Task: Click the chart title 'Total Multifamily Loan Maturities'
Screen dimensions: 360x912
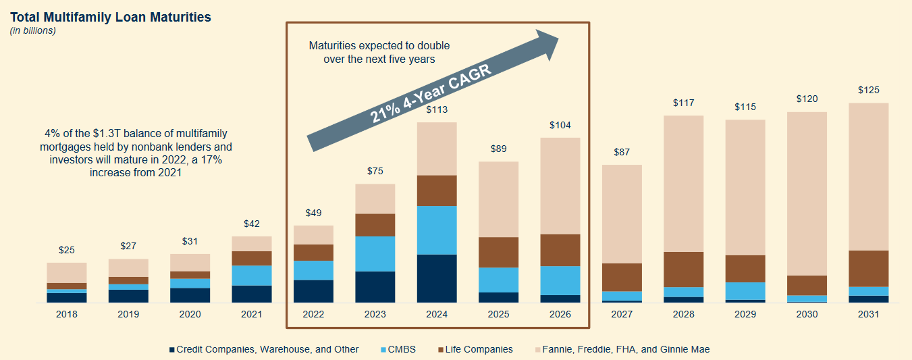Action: click(110, 17)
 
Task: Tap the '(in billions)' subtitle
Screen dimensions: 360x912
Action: click(32, 30)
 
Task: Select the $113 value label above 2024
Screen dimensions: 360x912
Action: click(437, 109)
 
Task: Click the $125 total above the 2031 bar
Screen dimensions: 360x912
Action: click(868, 90)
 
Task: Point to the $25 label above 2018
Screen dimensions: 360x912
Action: click(66, 250)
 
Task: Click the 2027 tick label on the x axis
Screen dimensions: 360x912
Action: click(622, 315)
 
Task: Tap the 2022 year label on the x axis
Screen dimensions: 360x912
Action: click(313, 315)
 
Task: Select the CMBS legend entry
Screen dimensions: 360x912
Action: click(402, 349)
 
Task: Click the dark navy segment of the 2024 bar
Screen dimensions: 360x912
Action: click(437, 278)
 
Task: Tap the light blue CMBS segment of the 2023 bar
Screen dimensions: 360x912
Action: click(375, 254)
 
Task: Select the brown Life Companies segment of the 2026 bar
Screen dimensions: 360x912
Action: click(560, 250)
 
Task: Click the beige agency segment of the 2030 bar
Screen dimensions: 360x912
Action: click(807, 193)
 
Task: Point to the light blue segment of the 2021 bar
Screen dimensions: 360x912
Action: click(252, 276)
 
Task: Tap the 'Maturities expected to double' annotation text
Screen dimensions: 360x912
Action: click(379, 46)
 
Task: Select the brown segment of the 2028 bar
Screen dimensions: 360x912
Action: click(683, 269)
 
